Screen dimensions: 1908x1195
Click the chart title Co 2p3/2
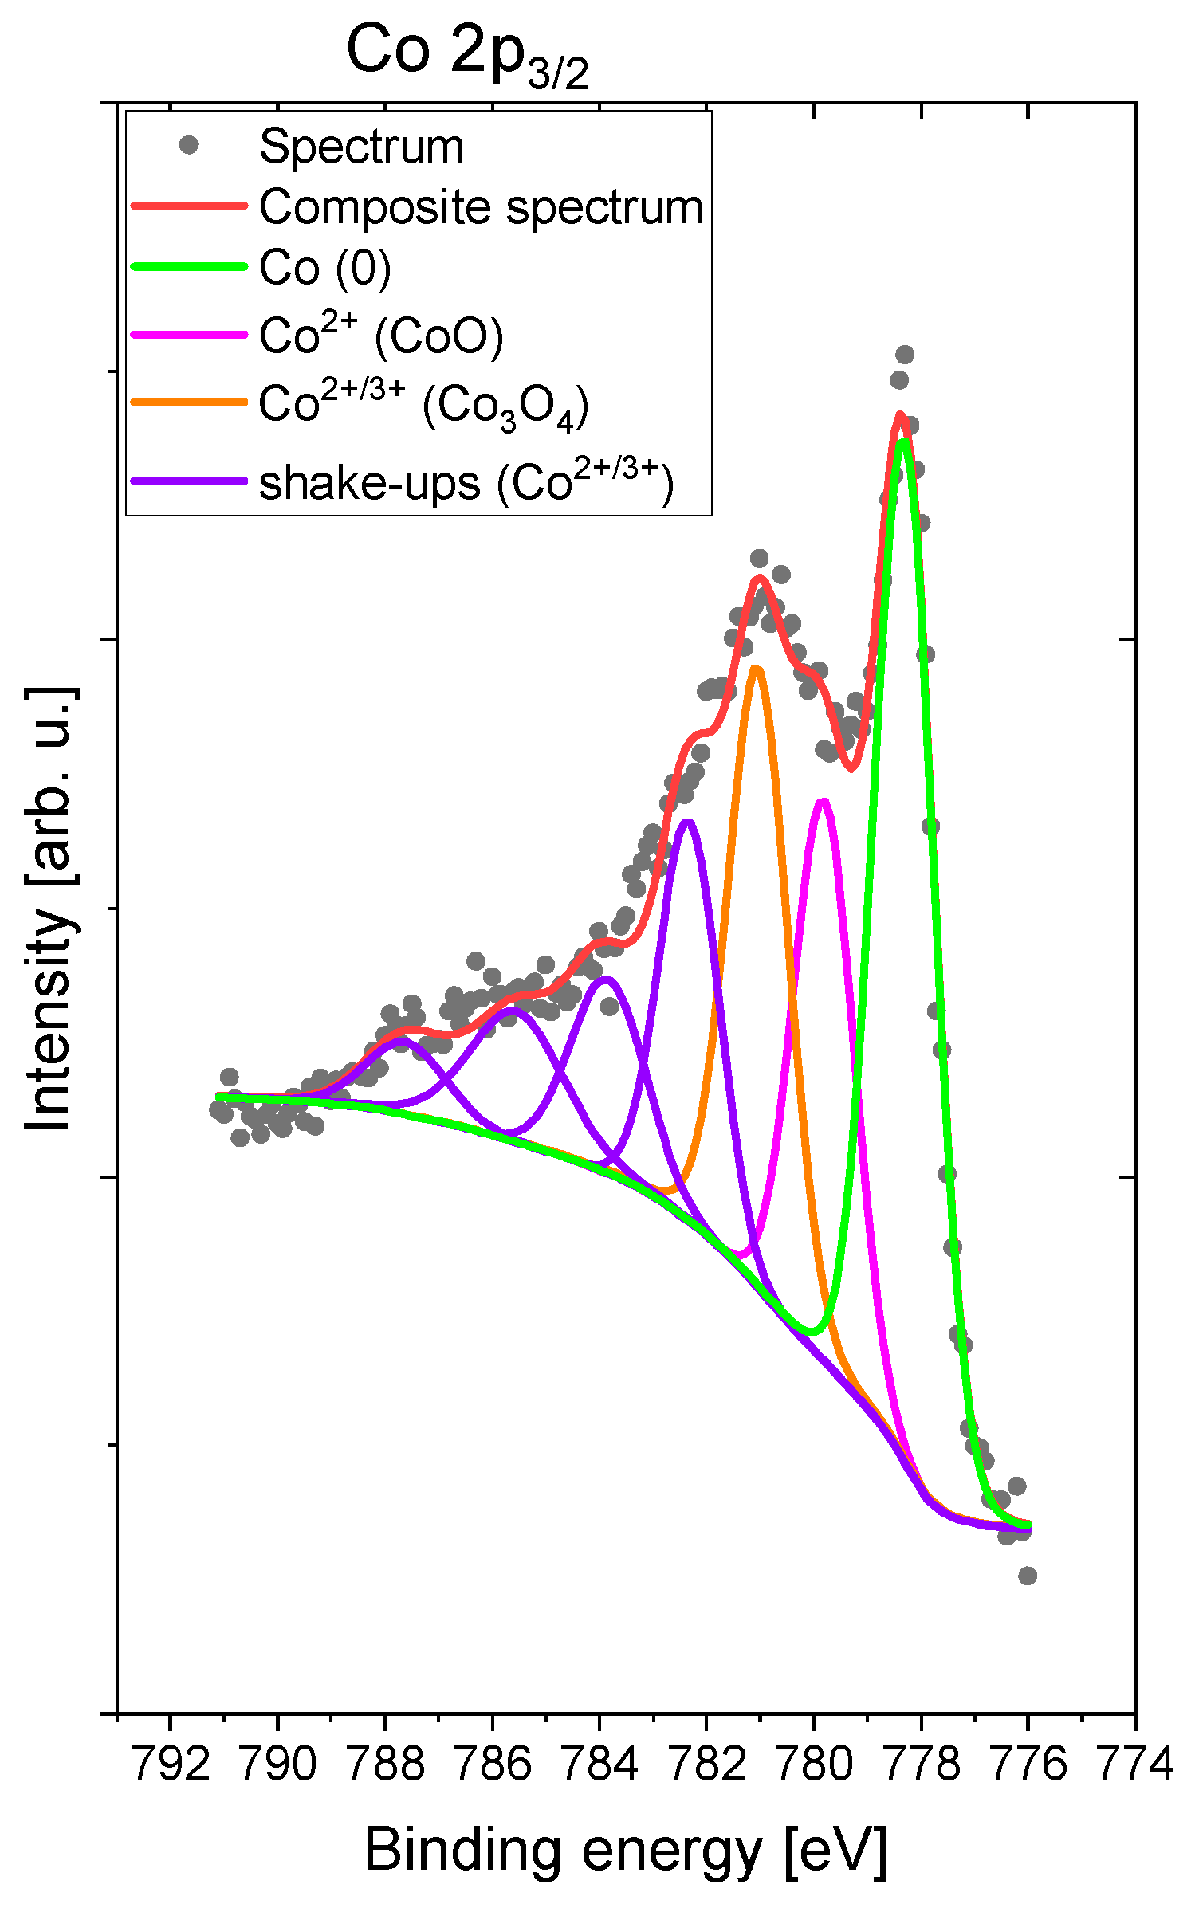[468, 53]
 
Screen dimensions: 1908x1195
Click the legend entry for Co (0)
[325, 268]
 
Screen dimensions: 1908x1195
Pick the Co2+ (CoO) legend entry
[381, 335]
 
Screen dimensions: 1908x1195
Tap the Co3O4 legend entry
[423, 404]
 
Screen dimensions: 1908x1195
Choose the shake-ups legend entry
[466, 483]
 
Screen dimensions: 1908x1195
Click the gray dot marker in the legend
[189, 145]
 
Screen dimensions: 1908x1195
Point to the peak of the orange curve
[757, 668]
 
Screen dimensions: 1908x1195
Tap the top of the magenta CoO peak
[824, 801]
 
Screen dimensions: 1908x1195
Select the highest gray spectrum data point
[904, 354]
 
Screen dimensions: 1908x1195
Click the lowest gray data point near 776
[1028, 1576]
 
